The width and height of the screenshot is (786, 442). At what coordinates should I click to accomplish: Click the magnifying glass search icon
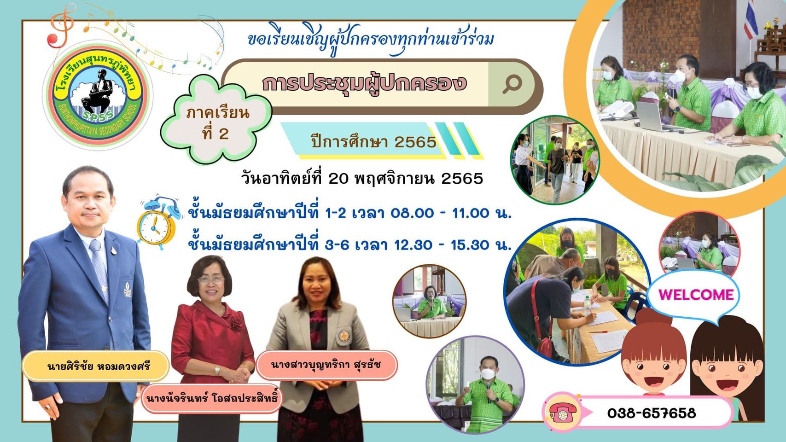pyautogui.click(x=512, y=84)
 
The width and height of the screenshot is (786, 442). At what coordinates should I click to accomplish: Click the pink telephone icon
pyautogui.click(x=563, y=413)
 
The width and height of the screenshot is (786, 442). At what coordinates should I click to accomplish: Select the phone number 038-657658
pyautogui.click(x=652, y=413)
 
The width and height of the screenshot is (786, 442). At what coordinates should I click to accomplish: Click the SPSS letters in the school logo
pyautogui.click(x=98, y=116)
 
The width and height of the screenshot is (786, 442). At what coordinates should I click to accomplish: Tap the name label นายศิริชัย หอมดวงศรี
pyautogui.click(x=99, y=366)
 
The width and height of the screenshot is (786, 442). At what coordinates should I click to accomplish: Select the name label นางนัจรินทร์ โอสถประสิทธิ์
pyautogui.click(x=212, y=398)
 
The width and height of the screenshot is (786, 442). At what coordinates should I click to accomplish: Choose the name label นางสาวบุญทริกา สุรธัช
pyautogui.click(x=326, y=365)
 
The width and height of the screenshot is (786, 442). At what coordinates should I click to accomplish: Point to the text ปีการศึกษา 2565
pyautogui.click(x=374, y=142)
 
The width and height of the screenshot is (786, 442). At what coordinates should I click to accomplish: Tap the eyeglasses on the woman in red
pyautogui.click(x=210, y=279)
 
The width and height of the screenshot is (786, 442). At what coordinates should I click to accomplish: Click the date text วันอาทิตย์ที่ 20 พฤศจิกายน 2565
pyautogui.click(x=362, y=179)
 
